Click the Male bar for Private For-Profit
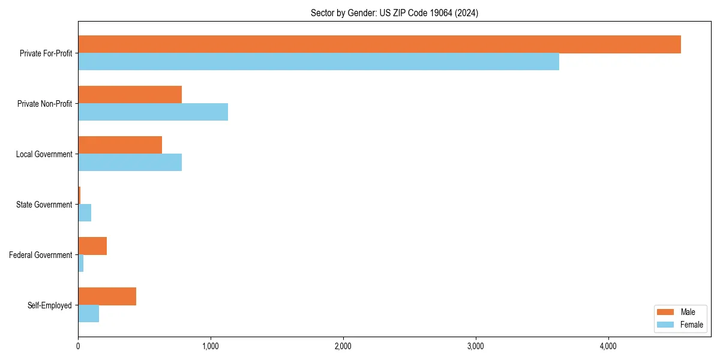(379, 44)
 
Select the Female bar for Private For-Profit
(319, 62)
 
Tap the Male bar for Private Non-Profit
(130, 95)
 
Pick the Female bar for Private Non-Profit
(153, 112)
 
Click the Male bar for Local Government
(120, 145)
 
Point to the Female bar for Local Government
(130, 163)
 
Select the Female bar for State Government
(85, 213)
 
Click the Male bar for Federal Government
(92, 246)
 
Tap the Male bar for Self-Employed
(107, 296)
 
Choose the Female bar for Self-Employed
(88, 314)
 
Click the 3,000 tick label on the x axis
(475, 346)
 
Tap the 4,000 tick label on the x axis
(608, 346)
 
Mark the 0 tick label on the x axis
(78, 346)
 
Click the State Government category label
(44, 205)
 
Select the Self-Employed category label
(50, 305)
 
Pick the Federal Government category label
(41, 255)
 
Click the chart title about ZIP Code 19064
(394, 13)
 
